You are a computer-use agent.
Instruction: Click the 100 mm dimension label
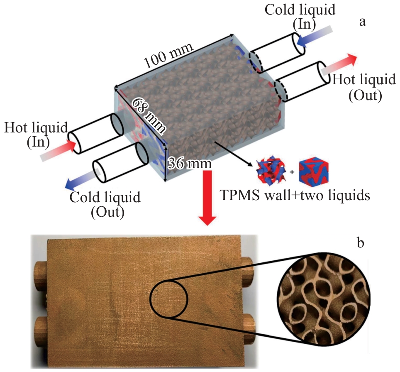[168, 55]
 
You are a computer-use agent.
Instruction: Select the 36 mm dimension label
[190, 164]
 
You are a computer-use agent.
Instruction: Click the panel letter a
[363, 22]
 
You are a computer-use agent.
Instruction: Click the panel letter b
[361, 242]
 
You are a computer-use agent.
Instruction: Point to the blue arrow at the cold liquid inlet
[315, 36]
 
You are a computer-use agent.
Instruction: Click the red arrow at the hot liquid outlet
[339, 64]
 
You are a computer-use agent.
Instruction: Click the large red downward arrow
[207, 198]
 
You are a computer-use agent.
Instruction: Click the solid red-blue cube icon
[314, 172]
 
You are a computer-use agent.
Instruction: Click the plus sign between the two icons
[292, 172]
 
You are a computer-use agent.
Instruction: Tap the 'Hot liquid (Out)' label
[364, 87]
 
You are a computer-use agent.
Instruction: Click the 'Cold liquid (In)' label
[300, 17]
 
